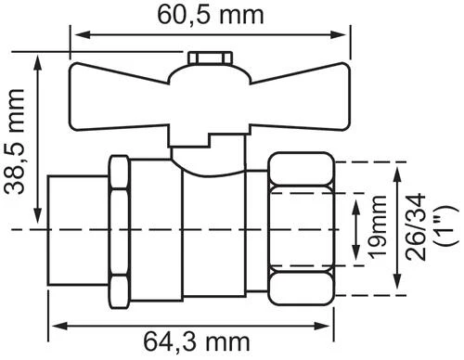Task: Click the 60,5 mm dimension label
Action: (x=211, y=16)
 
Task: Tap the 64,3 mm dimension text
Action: (x=197, y=342)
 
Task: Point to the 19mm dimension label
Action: (x=378, y=226)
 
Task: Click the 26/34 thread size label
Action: (x=416, y=226)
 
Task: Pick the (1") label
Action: (x=446, y=226)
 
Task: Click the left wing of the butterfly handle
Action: (x=119, y=96)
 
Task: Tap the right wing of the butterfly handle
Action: (x=300, y=96)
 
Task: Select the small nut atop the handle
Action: (x=211, y=58)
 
